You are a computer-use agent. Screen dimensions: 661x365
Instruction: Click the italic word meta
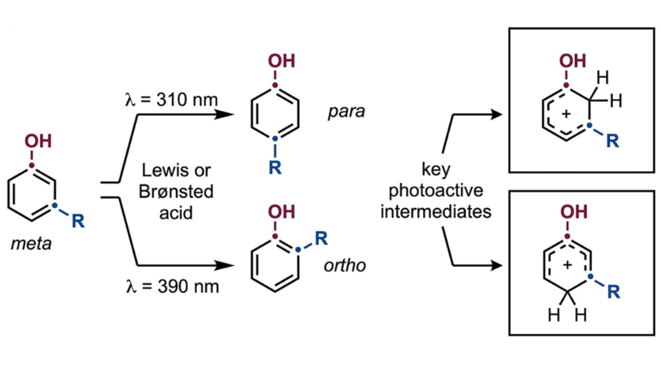tap(31, 243)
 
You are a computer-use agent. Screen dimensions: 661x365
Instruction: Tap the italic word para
tap(347, 112)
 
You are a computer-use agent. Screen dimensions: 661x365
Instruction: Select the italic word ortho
tap(345, 265)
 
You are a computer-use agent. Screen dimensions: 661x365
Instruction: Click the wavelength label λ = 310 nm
tap(172, 100)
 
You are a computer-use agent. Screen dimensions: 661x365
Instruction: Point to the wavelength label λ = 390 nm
tap(172, 286)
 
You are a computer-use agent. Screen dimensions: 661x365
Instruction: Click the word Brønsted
tap(176, 191)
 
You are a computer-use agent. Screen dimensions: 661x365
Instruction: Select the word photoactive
tap(436, 191)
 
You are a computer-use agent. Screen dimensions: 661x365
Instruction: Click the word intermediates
tap(436, 211)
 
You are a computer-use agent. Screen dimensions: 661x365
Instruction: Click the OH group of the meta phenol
tap(39, 141)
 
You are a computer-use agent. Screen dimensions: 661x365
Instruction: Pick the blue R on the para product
tap(275, 167)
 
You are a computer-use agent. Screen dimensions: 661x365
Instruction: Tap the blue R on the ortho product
tap(321, 238)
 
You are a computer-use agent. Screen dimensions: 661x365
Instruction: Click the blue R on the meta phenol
tap(78, 220)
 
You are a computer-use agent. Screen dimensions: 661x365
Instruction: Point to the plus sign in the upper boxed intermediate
tap(566, 113)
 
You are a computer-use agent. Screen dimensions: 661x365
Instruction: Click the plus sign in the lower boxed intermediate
tap(567, 264)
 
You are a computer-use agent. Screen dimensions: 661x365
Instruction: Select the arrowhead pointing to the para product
tap(224, 114)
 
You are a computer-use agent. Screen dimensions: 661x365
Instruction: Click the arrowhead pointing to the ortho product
tap(224, 265)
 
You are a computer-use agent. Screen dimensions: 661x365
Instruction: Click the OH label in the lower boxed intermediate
tap(573, 211)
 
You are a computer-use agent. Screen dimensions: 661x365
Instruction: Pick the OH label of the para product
tap(282, 61)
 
